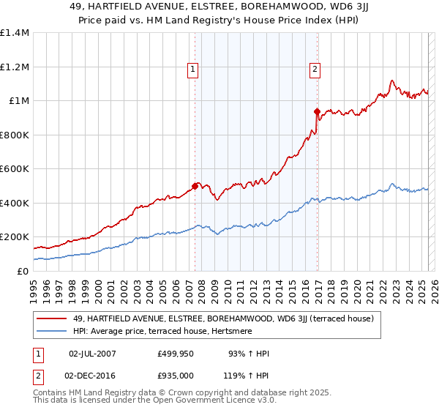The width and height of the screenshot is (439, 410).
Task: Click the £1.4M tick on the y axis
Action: click(x=15, y=33)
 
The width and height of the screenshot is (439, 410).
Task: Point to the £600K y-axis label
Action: click(x=15, y=169)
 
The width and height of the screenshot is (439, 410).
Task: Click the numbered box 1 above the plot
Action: click(x=192, y=70)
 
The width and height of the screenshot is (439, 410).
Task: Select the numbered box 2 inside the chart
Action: click(x=315, y=70)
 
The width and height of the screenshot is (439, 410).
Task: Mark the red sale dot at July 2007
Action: click(x=195, y=186)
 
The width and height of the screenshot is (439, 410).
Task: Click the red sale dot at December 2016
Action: click(x=318, y=112)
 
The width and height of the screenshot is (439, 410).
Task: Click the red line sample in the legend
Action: click(x=52, y=318)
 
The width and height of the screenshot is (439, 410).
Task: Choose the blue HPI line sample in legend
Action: click(x=52, y=332)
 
